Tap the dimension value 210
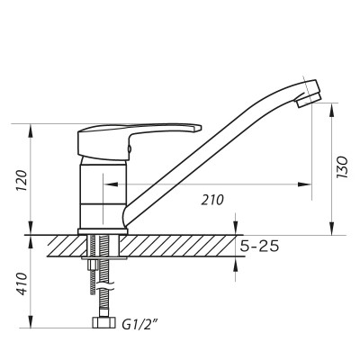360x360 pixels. (x=213, y=199)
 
